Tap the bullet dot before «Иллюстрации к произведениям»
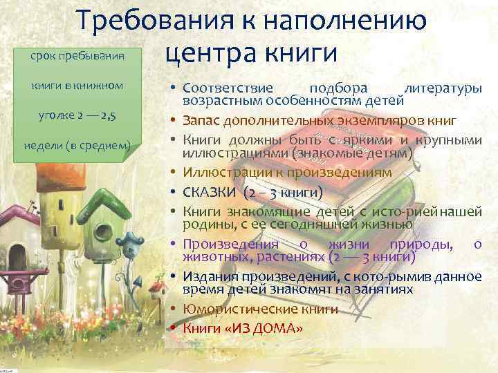click(174, 171)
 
